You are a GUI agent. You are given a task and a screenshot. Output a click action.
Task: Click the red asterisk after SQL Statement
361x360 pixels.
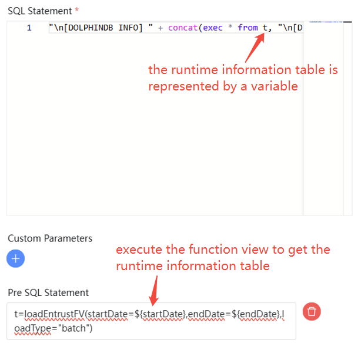tap(76, 10)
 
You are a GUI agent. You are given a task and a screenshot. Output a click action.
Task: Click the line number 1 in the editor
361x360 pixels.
tap(29, 28)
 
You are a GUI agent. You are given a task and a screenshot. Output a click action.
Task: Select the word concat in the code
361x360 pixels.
tap(183, 28)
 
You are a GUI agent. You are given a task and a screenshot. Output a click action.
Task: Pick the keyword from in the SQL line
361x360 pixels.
tap(248, 28)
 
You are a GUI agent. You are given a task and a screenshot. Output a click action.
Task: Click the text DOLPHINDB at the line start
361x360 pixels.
tap(85, 28)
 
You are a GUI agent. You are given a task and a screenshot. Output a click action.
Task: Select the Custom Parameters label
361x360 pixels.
tap(50, 238)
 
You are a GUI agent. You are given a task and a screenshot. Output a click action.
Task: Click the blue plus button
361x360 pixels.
tap(16, 258)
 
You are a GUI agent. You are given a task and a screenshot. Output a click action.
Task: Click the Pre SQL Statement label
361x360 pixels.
tap(48, 292)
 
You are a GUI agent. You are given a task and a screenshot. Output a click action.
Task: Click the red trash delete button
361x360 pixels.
tap(312, 311)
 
